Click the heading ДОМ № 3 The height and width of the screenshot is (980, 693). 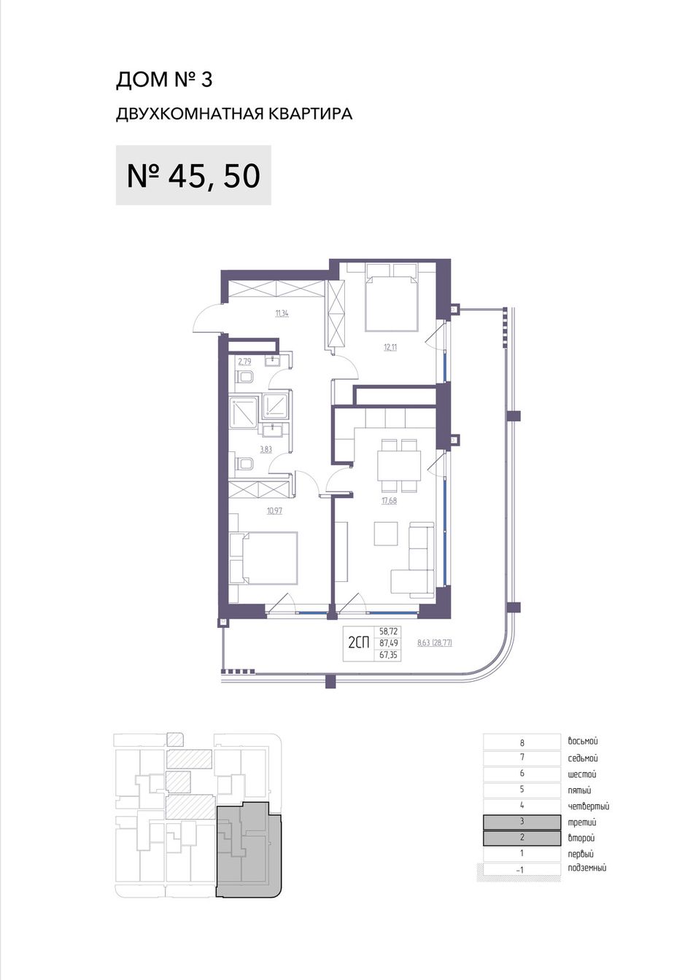[164, 80]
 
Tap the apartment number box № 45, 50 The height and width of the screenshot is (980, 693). [193, 175]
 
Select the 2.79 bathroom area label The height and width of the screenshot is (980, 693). [244, 362]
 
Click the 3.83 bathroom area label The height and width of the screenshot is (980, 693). [266, 449]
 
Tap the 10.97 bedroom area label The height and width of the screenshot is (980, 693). [274, 510]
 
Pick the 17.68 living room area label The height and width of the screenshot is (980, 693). [389, 501]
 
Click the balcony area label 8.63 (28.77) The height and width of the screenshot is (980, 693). [434, 642]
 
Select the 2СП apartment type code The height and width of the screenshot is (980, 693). [359, 643]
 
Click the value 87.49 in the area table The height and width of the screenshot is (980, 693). [389, 643]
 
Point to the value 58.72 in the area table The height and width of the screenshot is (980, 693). [389, 631]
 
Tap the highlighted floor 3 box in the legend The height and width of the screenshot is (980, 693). [522, 822]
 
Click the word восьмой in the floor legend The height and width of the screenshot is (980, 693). [583, 742]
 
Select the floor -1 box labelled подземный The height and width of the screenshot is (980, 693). [519, 870]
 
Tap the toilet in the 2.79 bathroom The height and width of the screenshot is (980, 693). [245, 378]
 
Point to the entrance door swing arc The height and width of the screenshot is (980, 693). [206, 319]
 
